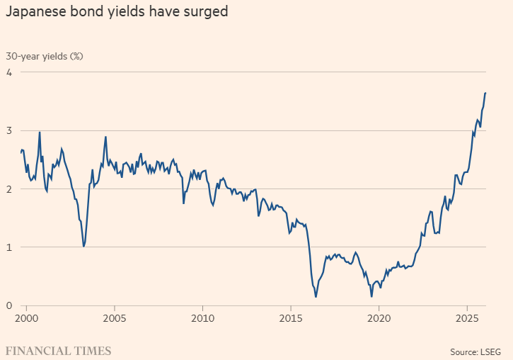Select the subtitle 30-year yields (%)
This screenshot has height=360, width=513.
[45, 56]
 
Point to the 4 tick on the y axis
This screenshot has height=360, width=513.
[10, 72]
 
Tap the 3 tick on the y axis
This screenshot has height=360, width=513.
[10, 130]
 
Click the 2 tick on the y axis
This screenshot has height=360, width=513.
[10, 189]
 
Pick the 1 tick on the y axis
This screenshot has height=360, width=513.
[10, 247]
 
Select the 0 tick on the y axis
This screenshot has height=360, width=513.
[10, 305]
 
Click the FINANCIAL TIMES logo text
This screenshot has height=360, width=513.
[58, 350]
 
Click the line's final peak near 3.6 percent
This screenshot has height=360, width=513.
[485, 93]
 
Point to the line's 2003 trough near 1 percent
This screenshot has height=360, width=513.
[84, 247]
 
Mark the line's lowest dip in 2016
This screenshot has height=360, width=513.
[316, 297]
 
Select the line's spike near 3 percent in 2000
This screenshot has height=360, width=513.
[40, 132]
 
